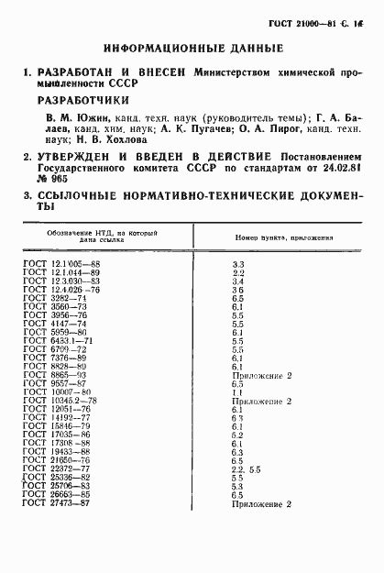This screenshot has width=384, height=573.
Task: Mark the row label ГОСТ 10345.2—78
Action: click(x=60, y=401)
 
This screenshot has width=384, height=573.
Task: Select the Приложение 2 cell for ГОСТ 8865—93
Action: click(x=261, y=375)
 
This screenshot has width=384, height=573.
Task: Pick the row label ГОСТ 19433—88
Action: click(x=57, y=452)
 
